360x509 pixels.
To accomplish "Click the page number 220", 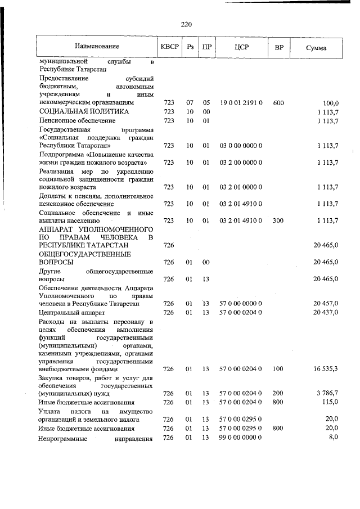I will click(187, 24).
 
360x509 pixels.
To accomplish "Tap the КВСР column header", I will click(169, 47).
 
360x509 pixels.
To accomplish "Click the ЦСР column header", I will click(241, 47).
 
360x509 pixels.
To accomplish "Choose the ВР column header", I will click(278, 47).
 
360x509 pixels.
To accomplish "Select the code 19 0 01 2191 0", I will click(241, 103).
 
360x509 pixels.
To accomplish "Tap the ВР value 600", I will click(278, 103).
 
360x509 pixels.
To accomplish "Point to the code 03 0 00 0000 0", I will click(241, 145).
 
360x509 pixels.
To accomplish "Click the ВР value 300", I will click(278, 221).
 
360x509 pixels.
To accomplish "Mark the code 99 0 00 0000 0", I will click(241, 438).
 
